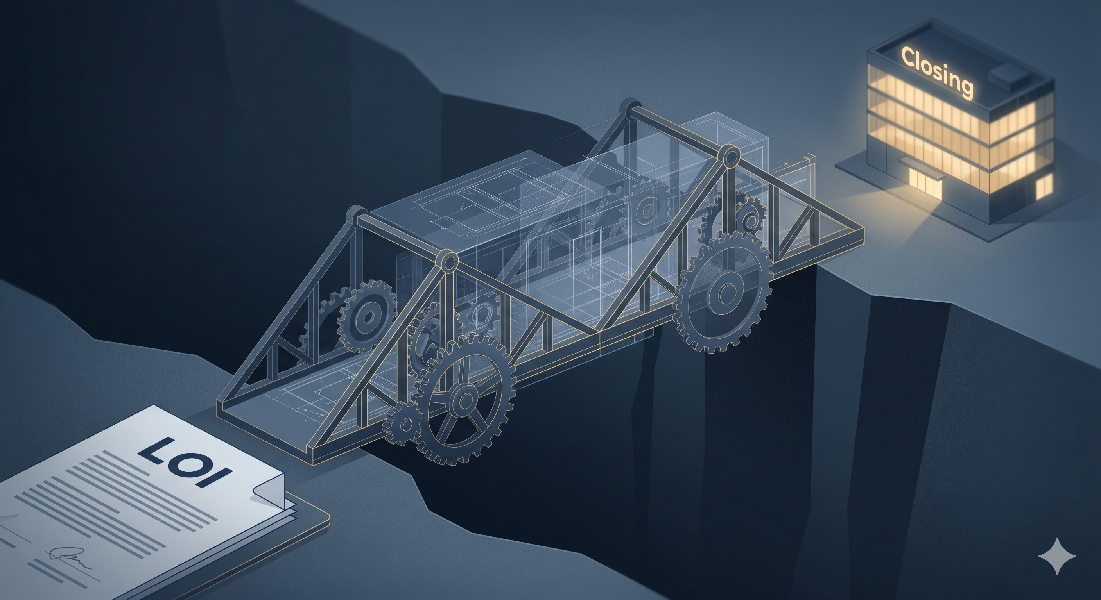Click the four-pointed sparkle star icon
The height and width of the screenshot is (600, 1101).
tap(1057, 556)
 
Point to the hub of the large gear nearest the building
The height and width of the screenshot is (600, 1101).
tap(726, 293)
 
